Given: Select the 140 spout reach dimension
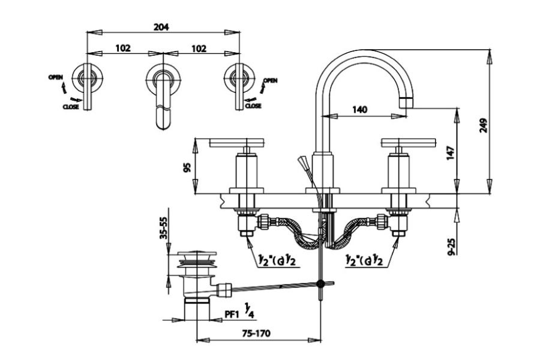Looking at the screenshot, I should (x=360, y=110).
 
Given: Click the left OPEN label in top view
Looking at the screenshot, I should (x=56, y=77).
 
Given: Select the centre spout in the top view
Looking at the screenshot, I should (x=163, y=96).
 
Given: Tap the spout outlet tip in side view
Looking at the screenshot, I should (x=407, y=102).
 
